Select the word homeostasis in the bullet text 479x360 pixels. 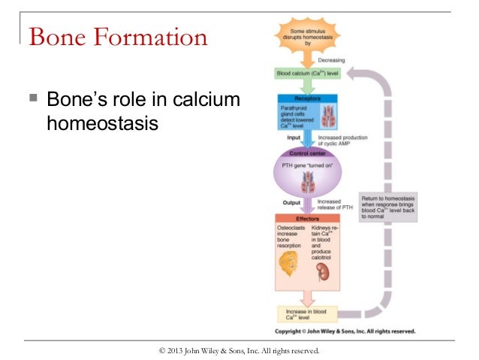pyautogui.click(x=103, y=122)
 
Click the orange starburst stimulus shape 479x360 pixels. pyautogui.click(x=308, y=35)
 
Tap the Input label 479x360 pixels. pyautogui.click(x=294, y=138)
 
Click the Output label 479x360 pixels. pyautogui.click(x=291, y=201)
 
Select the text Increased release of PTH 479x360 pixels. pyautogui.click(x=334, y=205)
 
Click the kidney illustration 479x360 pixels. pyautogui.click(x=324, y=271)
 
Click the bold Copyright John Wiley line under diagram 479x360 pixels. pyautogui.click(x=345, y=331)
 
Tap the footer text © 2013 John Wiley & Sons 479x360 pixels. pyautogui.click(x=239, y=350)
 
